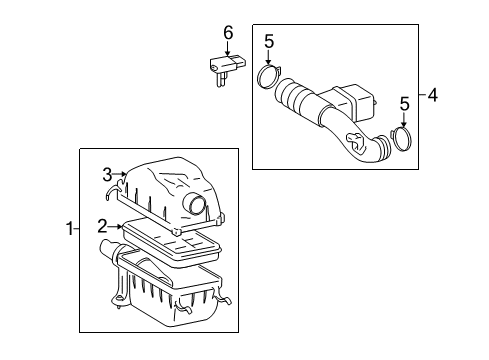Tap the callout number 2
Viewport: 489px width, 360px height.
coord(102,228)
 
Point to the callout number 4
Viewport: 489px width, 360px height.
coord(432,96)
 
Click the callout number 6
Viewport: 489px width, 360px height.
coord(227,33)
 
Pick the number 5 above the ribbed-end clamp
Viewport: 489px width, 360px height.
coord(268,41)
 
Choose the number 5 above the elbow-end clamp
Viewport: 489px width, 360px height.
coord(405,104)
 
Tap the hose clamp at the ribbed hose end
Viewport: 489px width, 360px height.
coord(268,77)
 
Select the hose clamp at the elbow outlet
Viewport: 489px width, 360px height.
coord(402,138)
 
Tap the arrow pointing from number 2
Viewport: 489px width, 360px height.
coord(117,228)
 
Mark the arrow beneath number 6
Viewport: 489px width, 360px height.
coord(227,51)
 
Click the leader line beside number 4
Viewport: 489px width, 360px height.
coord(421,96)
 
